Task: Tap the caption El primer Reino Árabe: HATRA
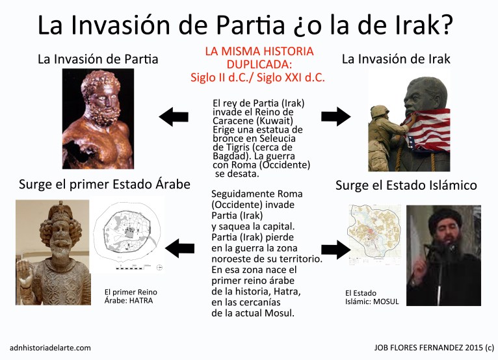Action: click(131, 296)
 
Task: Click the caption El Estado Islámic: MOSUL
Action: click(371, 298)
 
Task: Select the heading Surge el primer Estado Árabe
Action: click(104, 185)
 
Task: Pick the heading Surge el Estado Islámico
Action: click(406, 186)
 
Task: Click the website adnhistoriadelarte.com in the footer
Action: click(51, 348)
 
